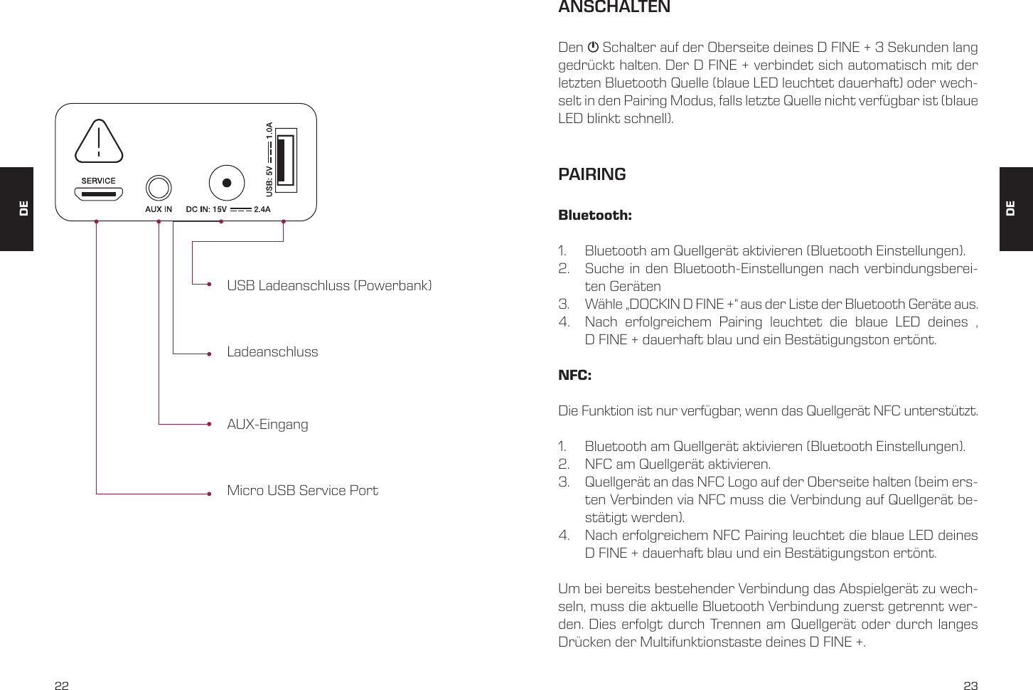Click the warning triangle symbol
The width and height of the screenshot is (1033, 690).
(x=99, y=142)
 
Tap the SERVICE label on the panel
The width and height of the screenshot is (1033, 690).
(x=98, y=181)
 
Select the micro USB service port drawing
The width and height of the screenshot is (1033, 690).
(x=98, y=193)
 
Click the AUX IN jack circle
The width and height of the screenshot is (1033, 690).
(x=159, y=189)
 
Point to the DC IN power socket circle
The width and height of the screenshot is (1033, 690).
(x=227, y=183)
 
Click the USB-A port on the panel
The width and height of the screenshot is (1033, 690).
(x=286, y=160)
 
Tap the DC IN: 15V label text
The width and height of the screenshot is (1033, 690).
(x=206, y=209)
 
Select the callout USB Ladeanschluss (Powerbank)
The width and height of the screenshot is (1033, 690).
(x=329, y=285)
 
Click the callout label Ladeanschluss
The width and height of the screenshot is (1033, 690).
(x=272, y=352)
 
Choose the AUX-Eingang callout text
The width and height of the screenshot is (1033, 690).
(x=267, y=425)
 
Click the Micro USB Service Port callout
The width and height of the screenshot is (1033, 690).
(x=302, y=491)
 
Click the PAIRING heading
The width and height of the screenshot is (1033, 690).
(x=592, y=174)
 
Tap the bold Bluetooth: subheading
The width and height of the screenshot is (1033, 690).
(x=595, y=216)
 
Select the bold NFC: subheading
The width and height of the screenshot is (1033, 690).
(x=574, y=376)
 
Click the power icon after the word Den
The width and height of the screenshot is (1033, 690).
(x=593, y=48)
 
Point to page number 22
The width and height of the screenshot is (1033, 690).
(x=62, y=686)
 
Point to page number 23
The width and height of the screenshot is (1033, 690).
(x=970, y=686)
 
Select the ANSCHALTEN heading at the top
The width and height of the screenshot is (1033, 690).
(x=614, y=7)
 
